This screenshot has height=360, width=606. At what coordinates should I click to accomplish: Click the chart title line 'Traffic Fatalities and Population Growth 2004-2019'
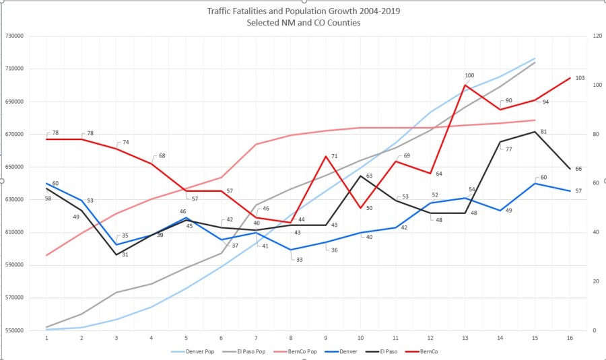click(303, 11)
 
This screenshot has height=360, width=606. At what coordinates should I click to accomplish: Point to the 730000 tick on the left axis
click(15, 36)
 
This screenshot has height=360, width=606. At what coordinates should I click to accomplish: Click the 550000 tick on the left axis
click(15, 330)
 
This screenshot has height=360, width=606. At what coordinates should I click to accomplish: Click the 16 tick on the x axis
click(570, 338)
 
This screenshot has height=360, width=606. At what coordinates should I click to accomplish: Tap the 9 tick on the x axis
click(326, 338)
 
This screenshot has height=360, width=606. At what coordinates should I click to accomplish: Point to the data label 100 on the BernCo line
click(469, 75)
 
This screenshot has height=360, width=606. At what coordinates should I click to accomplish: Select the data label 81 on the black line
click(543, 132)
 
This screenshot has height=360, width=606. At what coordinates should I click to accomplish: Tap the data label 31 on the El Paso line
click(125, 254)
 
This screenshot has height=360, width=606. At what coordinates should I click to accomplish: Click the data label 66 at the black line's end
click(578, 169)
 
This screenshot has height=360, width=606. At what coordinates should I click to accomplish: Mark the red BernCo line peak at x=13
click(465, 85)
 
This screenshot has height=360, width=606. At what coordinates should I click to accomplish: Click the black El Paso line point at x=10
click(361, 176)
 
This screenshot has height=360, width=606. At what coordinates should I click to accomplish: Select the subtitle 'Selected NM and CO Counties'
click(303, 23)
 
